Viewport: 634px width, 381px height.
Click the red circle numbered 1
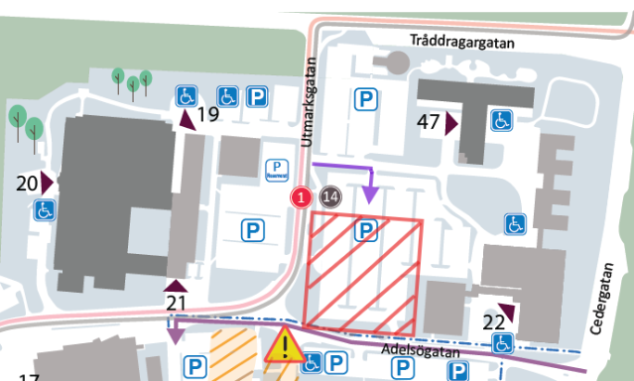[x=303, y=197]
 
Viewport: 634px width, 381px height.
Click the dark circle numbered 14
[x=330, y=196]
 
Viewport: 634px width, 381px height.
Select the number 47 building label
[x=429, y=123]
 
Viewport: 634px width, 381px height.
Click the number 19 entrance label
[x=207, y=115]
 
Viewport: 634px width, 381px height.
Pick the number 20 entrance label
[x=27, y=183]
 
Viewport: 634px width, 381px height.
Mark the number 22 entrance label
[x=493, y=321]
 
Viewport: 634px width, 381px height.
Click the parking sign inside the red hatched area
[x=366, y=232]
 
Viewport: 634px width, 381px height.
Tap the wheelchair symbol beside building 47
[x=502, y=121]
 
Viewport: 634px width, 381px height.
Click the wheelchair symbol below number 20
[x=45, y=210]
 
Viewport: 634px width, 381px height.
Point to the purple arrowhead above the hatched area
[x=369, y=195]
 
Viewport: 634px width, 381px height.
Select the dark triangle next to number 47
[x=450, y=124]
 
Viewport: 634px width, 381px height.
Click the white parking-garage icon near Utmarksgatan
[x=276, y=170]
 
